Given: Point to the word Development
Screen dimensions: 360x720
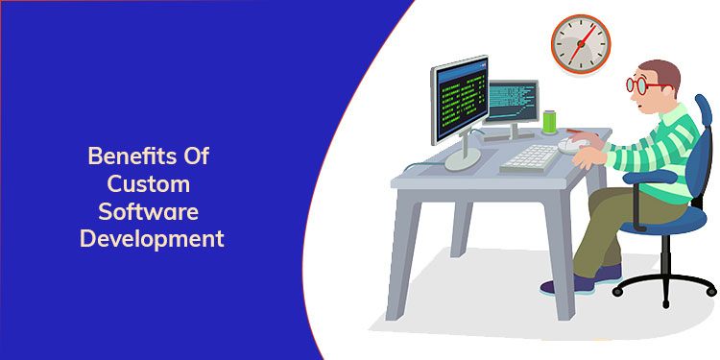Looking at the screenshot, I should click(152, 237).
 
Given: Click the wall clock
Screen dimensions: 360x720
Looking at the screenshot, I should click(580, 43).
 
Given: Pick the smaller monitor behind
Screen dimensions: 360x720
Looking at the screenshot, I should click(513, 100).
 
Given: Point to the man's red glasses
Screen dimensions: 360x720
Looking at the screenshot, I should click(637, 85).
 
